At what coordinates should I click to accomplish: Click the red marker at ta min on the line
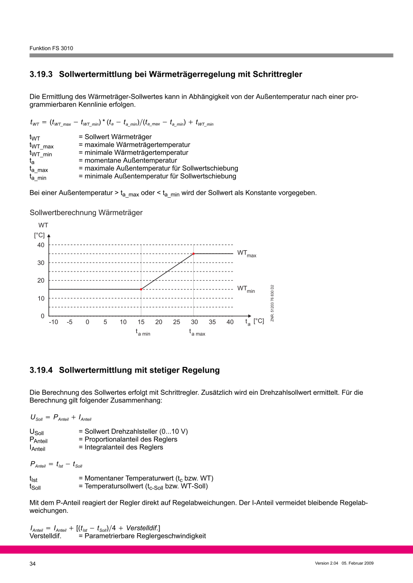coord(141,289)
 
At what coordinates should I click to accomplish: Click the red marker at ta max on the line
coord(194,254)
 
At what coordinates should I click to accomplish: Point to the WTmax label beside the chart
coord(246,254)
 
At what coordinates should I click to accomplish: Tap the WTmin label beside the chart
coord(246,289)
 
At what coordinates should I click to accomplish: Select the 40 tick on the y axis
coord(41,245)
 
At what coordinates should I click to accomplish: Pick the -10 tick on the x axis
coord(53,322)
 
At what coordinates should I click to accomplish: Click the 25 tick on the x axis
coord(177,322)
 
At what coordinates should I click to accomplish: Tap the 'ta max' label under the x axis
coord(197,333)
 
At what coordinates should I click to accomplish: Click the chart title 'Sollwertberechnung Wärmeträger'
coord(86,213)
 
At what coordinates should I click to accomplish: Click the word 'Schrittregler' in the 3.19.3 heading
coord(277,74)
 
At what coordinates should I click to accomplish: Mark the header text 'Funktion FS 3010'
coord(51,48)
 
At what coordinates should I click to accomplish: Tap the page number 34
coord(33,564)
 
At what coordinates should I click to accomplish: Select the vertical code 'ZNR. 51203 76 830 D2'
coord(272,303)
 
